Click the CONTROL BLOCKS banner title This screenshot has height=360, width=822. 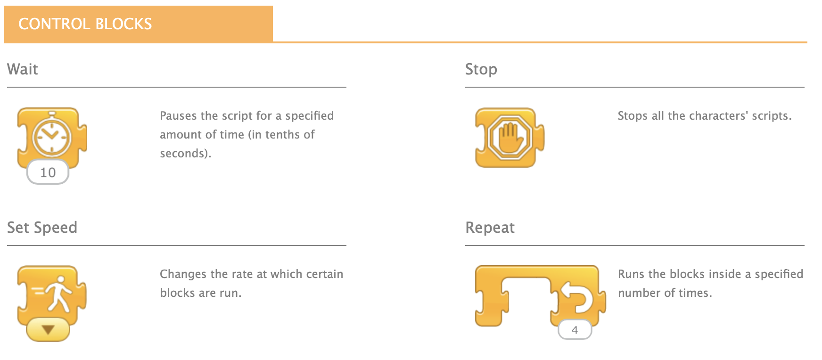pyautogui.click(x=85, y=24)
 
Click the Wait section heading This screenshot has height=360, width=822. pyautogui.click(x=23, y=69)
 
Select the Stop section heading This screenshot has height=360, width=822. pyautogui.click(x=481, y=69)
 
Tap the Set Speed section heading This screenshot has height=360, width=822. pyautogui.click(x=42, y=228)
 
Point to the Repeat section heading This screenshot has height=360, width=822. pyautogui.click(x=490, y=228)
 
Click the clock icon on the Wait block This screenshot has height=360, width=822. pyautogui.click(x=51, y=136)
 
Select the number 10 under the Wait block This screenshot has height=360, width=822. pyautogui.click(x=48, y=172)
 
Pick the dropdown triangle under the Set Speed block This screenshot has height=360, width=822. pyautogui.click(x=48, y=329)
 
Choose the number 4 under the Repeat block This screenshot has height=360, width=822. pyautogui.click(x=575, y=330)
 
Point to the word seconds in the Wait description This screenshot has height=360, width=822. pyautogui.click(x=183, y=154)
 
